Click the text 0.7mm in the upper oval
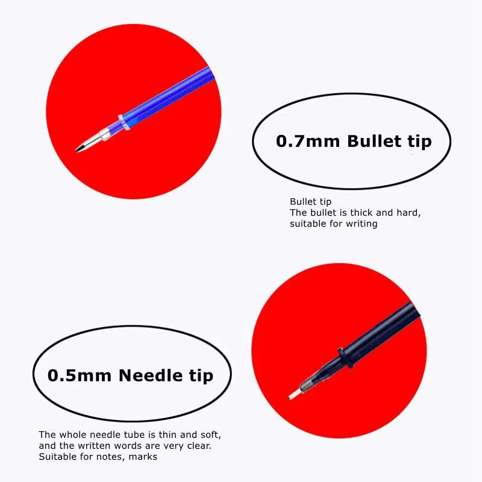point(308,142)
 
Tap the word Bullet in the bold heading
point(374,141)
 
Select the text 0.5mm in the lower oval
point(80,375)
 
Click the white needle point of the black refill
point(293,395)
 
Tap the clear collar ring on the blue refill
point(124,122)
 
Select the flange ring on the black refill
point(345,357)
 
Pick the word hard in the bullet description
point(408,213)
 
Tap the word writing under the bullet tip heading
point(361,224)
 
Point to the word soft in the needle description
point(210,435)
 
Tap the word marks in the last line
point(143,457)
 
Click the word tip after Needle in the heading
point(201,376)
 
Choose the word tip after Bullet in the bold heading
point(420,142)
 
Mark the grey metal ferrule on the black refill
point(308,384)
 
